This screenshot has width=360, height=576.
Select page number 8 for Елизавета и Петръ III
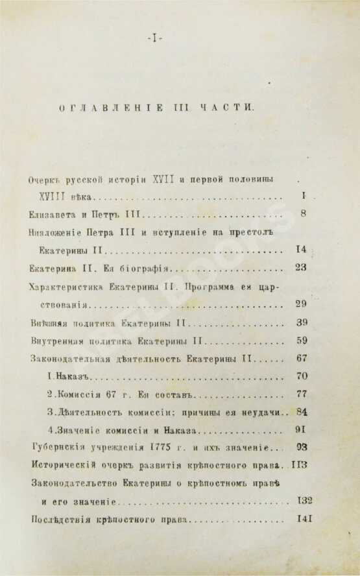tap(304, 214)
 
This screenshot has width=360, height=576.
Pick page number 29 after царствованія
tap(300, 304)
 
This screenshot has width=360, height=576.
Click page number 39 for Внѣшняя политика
tap(300, 322)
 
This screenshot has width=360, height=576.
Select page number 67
tap(300, 358)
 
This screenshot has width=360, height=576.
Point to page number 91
tap(300, 429)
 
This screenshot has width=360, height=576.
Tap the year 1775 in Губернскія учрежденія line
tap(163, 448)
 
